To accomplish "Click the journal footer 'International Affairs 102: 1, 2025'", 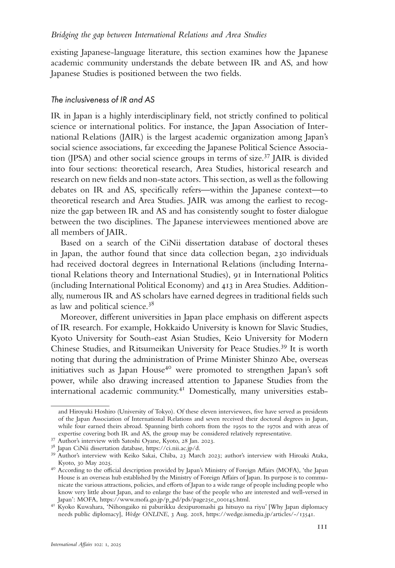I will (x=86, y=554).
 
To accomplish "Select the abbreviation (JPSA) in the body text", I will (x=79, y=158).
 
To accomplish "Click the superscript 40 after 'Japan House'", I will (x=169, y=367).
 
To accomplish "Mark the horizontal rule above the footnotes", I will (x=80, y=406).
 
